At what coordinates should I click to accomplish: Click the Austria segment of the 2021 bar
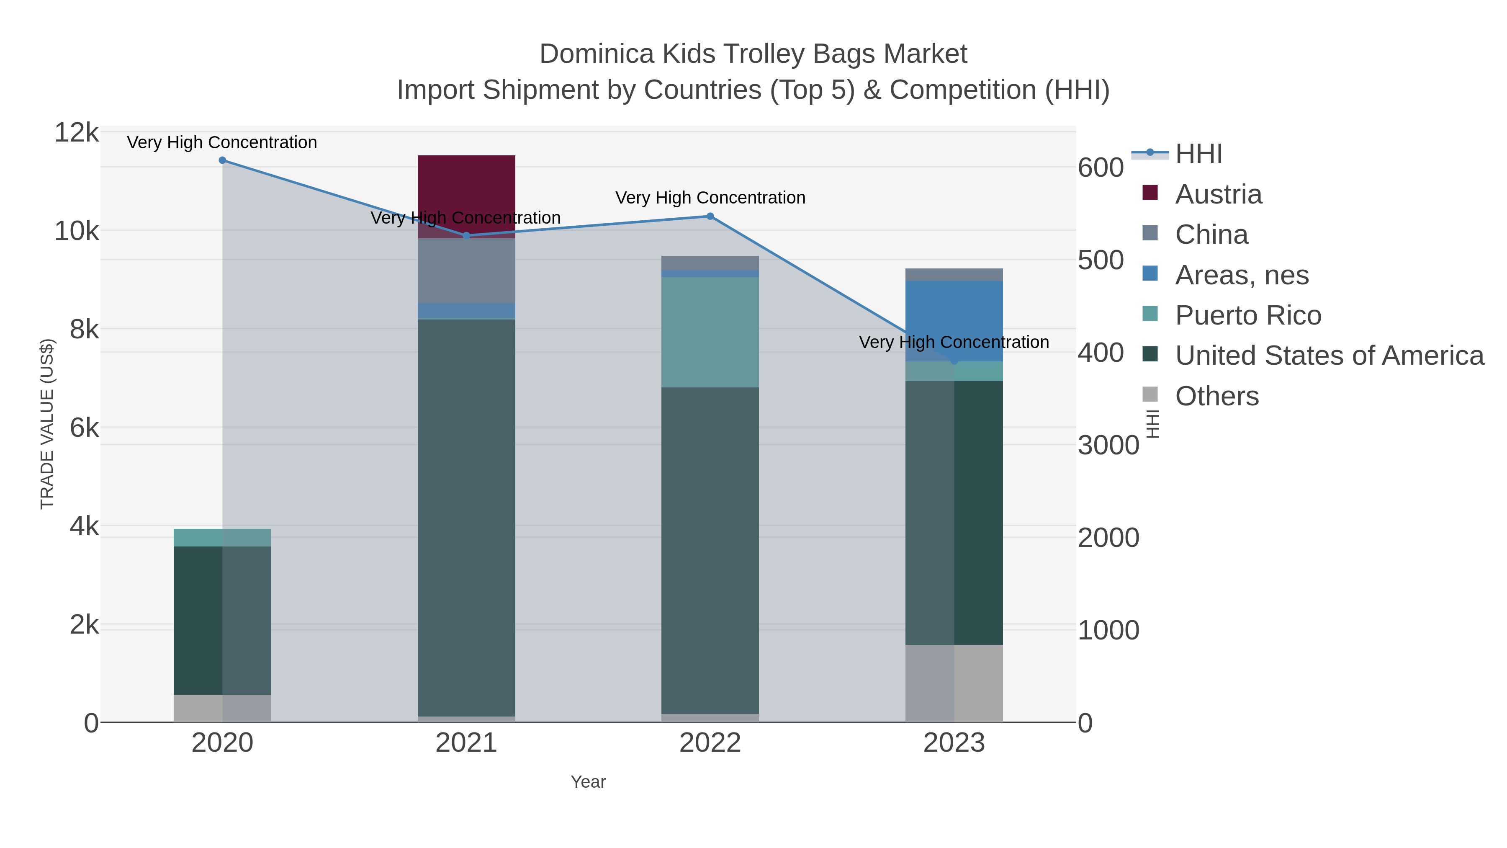[466, 187]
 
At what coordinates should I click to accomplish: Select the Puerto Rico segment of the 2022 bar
[710, 332]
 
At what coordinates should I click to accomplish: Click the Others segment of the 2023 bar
[954, 683]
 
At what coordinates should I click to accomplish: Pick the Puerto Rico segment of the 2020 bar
[222, 537]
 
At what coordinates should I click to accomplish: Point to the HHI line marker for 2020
[222, 160]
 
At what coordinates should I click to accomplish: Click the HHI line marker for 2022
[710, 217]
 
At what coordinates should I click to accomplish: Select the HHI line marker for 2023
[954, 361]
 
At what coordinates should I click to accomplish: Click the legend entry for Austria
[1218, 194]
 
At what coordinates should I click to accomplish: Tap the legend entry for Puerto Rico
[1247, 315]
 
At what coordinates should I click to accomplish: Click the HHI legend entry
[1198, 154]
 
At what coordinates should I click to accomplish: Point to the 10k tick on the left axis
[77, 231]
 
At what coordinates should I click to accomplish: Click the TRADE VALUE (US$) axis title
[47, 424]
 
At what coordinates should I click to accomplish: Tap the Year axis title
[588, 782]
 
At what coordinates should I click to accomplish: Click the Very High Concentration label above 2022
[710, 198]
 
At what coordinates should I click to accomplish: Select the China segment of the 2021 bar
[466, 271]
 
